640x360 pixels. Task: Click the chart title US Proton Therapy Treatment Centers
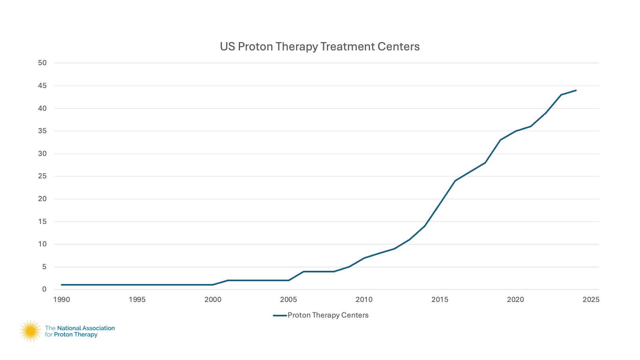pyautogui.click(x=320, y=47)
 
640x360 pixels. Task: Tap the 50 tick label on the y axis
pyautogui.click(x=42, y=63)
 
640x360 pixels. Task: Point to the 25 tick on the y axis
pyautogui.click(x=42, y=176)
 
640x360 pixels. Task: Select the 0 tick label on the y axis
pyautogui.click(x=44, y=289)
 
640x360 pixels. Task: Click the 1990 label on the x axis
pyautogui.click(x=62, y=300)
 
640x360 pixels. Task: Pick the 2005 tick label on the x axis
pyautogui.click(x=288, y=300)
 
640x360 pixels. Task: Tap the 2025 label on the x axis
pyautogui.click(x=591, y=300)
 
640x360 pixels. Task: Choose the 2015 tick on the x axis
pyautogui.click(x=440, y=300)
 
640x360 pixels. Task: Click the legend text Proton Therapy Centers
pyautogui.click(x=328, y=315)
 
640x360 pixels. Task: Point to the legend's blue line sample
pyautogui.click(x=280, y=315)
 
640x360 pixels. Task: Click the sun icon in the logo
pyautogui.click(x=30, y=331)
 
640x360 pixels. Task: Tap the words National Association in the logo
pyautogui.click(x=86, y=328)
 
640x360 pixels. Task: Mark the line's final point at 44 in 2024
pyautogui.click(x=576, y=90)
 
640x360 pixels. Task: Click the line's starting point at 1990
pyautogui.click(x=62, y=285)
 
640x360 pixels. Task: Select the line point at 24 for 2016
pyautogui.click(x=455, y=181)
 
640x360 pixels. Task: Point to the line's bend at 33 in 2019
pyautogui.click(x=500, y=140)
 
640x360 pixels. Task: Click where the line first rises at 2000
pyautogui.click(x=213, y=285)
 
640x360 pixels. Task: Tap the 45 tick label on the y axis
pyautogui.click(x=42, y=86)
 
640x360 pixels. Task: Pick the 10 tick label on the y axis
pyautogui.click(x=42, y=244)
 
